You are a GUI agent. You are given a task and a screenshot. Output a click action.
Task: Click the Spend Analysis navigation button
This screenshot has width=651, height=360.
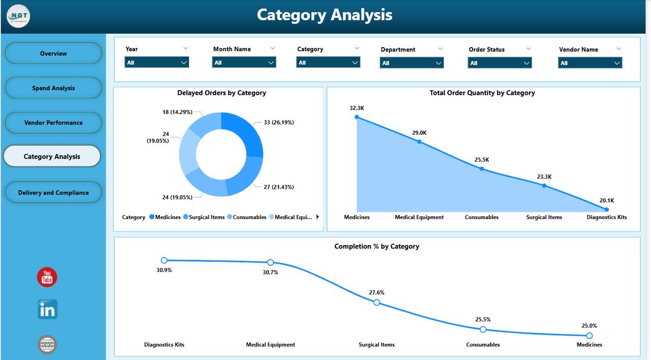pos(53,88)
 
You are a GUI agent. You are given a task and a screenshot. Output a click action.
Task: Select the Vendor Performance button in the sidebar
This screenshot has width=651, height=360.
pos(53,123)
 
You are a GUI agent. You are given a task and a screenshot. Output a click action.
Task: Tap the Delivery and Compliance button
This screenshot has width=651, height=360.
pos(53,193)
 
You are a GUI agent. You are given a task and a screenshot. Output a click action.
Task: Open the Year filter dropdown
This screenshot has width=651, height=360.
pos(157,63)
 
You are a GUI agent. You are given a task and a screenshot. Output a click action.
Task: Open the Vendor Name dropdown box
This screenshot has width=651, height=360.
pos(590,63)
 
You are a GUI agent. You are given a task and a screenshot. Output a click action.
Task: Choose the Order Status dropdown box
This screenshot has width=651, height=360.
pos(500,63)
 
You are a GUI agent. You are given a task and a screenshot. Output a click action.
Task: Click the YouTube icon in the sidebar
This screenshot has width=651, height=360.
pos(47,277)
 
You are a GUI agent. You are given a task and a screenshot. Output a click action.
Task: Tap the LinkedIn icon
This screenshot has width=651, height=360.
pos(47,310)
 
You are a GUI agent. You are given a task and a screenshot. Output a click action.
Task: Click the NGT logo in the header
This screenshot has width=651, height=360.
pos(18,16)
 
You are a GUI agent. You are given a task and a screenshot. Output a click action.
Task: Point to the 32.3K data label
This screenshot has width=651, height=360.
pos(357,108)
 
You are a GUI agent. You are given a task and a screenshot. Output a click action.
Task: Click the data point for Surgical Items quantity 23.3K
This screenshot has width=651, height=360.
pos(544,186)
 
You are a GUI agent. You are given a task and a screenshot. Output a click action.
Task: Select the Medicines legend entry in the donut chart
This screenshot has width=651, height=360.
pos(165,217)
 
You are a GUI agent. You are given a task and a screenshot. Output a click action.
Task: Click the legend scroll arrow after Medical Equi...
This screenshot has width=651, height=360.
pos(318,217)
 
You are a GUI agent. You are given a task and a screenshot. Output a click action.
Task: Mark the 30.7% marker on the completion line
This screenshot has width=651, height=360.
pos(271,262)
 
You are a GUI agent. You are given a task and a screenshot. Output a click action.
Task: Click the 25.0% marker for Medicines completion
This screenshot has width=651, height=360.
pos(589,336)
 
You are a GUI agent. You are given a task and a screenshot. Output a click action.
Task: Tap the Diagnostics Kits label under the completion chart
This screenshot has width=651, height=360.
pos(164,345)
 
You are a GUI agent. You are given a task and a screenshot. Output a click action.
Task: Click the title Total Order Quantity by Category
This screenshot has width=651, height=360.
pos(482,93)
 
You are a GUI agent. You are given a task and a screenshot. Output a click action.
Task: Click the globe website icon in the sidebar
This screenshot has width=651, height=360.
pos(47,345)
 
